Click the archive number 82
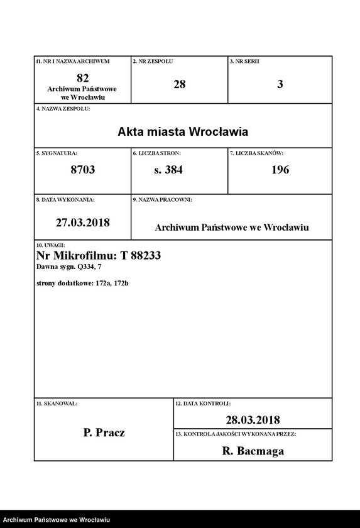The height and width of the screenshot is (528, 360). point(82,78)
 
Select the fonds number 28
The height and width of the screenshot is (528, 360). point(179,84)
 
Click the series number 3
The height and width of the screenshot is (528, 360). point(280,84)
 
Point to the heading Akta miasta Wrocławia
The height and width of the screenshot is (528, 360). point(183,132)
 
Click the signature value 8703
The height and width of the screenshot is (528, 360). point(82,170)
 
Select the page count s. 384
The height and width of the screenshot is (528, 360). point(168,170)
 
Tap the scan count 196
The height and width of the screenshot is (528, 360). point(280,170)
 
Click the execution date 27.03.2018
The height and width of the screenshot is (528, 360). point(82,223)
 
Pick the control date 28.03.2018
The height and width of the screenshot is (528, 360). point(253,420)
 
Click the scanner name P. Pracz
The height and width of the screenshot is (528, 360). point(104,432)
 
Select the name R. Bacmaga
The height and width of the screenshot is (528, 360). point(253,451)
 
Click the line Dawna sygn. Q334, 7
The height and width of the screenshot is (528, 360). point(69,267)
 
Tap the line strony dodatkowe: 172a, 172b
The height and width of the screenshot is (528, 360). point(83,283)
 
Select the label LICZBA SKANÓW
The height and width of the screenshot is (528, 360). point(259,153)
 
